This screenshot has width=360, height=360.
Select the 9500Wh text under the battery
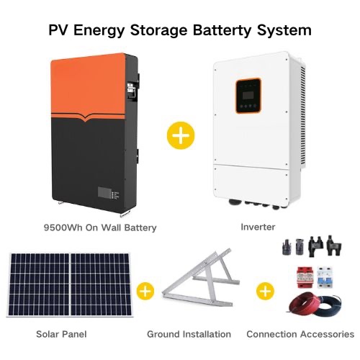click(x=63, y=228)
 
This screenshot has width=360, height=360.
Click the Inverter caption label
click(x=258, y=227)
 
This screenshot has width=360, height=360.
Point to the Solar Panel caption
click(x=61, y=334)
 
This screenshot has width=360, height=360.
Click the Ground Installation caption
click(x=189, y=334)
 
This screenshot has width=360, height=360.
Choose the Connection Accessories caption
click(x=300, y=334)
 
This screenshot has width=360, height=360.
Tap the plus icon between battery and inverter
click(x=181, y=135)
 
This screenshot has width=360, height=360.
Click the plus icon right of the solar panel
click(x=145, y=292)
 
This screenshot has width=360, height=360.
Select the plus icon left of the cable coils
click(x=265, y=292)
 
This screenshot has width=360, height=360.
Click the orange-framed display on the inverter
click(x=248, y=95)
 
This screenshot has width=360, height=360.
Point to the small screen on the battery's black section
click(x=104, y=193)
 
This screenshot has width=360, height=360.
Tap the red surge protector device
click(x=305, y=276)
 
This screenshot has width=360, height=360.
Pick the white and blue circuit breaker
click(x=325, y=277)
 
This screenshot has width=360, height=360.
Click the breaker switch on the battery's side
click(x=131, y=91)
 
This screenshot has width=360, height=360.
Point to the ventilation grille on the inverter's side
click(x=302, y=117)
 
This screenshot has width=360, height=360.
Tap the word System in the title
click(x=284, y=31)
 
